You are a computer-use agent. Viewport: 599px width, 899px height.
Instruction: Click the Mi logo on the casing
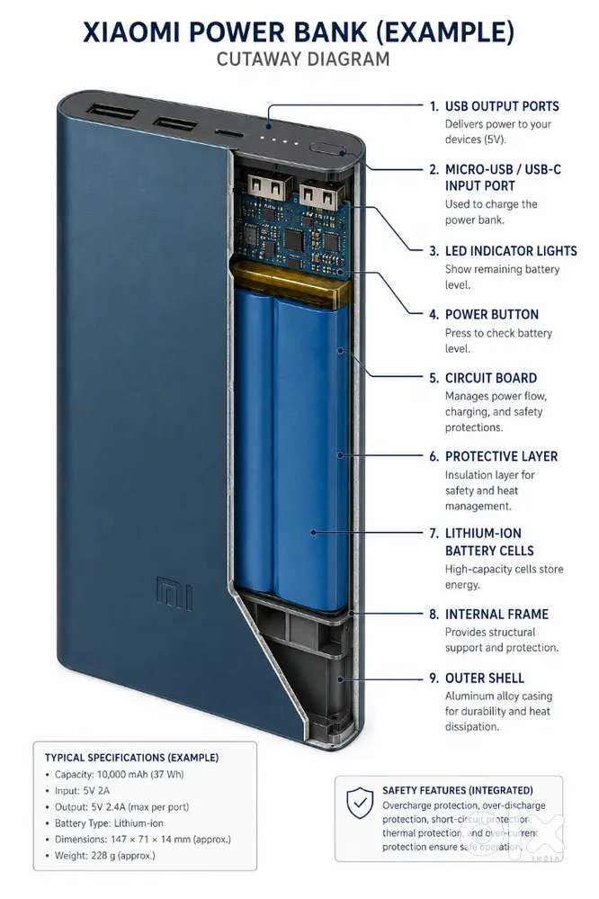(174, 593)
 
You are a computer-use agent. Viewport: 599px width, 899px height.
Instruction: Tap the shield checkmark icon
(360, 803)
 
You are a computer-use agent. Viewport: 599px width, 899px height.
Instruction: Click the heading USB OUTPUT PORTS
(502, 106)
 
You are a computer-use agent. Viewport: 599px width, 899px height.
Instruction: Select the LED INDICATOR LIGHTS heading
(511, 250)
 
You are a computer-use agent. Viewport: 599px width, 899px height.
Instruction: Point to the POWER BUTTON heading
(492, 314)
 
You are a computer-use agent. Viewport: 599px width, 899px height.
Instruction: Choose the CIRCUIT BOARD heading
(491, 378)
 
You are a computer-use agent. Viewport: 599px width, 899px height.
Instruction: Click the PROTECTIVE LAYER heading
(502, 456)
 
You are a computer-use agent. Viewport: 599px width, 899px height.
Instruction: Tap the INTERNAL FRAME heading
(497, 614)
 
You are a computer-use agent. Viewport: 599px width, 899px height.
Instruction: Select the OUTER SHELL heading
(485, 679)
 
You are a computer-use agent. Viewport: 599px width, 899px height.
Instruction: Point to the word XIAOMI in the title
(132, 32)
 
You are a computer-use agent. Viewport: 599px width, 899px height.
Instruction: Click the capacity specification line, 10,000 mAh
(120, 774)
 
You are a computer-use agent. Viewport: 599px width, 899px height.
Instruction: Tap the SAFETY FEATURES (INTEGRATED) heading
(458, 790)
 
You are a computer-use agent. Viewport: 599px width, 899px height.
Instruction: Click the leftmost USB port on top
(112, 111)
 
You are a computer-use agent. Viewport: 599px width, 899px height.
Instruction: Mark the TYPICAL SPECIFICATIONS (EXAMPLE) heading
(132, 758)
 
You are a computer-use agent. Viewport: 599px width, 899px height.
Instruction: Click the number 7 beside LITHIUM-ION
(434, 534)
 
